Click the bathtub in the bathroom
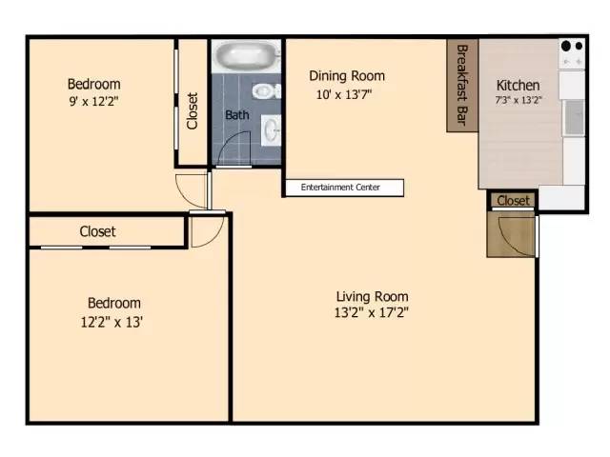tap(246, 55)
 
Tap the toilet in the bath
tap(264, 91)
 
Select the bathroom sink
tap(270, 128)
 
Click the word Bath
tap(237, 115)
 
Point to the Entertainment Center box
tap(342, 188)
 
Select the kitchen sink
tap(573, 117)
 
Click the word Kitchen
tap(518, 85)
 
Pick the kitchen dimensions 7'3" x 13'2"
tap(518, 99)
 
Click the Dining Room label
tap(347, 76)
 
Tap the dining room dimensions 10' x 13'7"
tap(344, 94)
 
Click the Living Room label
tap(372, 295)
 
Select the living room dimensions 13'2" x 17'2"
tap(372, 312)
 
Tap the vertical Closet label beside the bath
tap(193, 110)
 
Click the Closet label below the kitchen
tap(513, 201)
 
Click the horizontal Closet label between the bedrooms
tap(97, 231)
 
